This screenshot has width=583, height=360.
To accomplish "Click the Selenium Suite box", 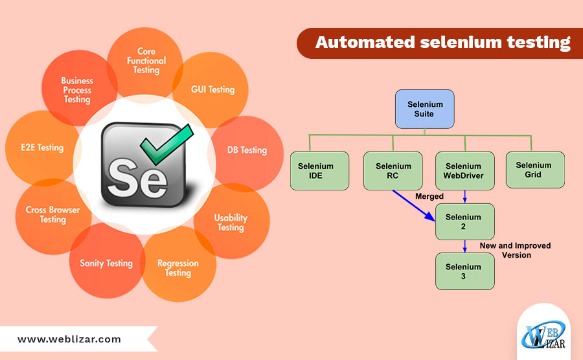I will coord(425,109).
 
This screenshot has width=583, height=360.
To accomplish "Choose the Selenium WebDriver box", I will coord(463,171).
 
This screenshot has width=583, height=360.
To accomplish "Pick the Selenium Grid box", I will coord(535,170).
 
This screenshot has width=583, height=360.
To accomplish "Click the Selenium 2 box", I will coord(463,222).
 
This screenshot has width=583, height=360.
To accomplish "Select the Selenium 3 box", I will coord(463,271).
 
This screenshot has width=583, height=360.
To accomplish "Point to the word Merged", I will coord(429,196).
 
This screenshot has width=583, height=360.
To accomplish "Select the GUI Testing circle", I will coord(212,89).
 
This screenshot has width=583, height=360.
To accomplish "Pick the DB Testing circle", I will coord(247,150).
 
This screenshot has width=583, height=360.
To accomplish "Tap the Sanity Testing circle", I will coord(106,263).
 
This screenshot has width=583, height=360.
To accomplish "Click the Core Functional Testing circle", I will coord(146,61).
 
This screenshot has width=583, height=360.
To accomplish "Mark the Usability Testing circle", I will coord(231,223).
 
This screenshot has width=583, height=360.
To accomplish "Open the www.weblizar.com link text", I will coord(69,339).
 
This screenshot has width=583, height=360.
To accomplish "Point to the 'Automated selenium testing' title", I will coord(442,43).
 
